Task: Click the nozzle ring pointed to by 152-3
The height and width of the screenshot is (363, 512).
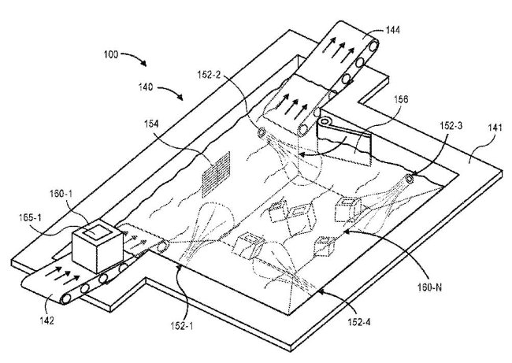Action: [408, 180]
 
